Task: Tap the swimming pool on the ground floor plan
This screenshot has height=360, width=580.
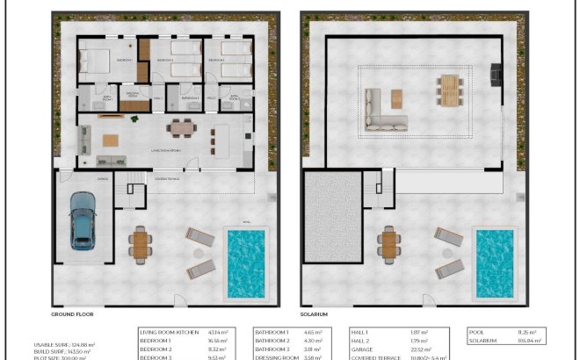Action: point(247,263)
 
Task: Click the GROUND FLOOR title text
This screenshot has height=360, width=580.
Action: point(72,313)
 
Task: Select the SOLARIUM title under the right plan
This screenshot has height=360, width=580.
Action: point(314,313)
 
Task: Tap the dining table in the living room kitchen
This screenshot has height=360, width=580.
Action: point(181,128)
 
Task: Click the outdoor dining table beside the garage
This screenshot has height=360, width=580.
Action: point(140,244)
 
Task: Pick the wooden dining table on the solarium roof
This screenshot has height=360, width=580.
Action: point(449,90)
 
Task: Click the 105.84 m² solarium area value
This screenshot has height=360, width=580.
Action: point(531,341)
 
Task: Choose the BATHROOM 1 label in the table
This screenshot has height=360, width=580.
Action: point(272,333)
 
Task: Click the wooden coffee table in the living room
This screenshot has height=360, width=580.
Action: point(111,140)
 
